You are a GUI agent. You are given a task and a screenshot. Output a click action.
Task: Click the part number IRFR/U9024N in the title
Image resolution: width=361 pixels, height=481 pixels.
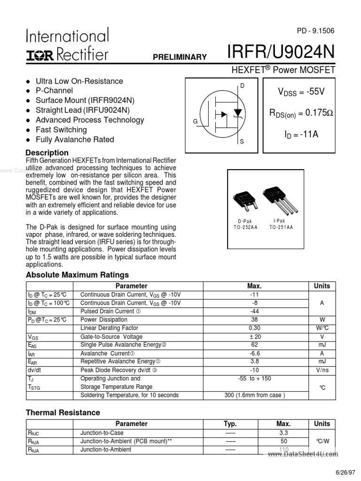(281, 53)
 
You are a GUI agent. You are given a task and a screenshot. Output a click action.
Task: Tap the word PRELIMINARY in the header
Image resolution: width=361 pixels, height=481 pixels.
(180, 57)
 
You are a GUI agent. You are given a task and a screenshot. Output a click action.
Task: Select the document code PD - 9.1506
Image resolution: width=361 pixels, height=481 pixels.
(315, 31)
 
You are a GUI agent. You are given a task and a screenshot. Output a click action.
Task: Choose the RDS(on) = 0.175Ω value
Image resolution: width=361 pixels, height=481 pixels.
(301, 113)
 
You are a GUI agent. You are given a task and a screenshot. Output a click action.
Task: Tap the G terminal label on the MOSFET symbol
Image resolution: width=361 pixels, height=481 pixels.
(195, 121)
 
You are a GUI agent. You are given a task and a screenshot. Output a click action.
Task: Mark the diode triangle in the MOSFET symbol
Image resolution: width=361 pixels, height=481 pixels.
(238, 112)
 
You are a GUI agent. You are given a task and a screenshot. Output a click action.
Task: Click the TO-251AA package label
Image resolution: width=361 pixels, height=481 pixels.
(281, 227)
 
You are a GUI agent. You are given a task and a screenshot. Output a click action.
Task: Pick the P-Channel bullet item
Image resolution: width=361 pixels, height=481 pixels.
(54, 90)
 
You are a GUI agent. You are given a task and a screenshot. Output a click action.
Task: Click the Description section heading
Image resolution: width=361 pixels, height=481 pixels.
(47, 153)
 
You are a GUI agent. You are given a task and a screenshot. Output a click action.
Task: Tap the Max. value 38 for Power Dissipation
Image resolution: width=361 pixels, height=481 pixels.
(254, 319)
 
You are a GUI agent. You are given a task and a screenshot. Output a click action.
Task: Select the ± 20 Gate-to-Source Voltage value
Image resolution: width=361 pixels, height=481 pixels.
(254, 336)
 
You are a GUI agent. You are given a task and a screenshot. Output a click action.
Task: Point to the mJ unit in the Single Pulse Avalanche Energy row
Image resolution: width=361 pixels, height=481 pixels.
(322, 345)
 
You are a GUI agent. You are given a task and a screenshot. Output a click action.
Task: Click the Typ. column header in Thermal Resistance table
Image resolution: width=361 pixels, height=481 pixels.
(230, 424)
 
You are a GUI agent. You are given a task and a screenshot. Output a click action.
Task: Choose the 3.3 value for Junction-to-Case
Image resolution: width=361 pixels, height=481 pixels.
(283, 433)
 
